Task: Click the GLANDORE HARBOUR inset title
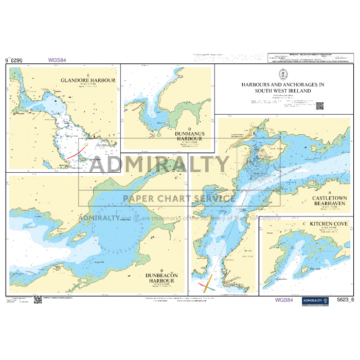[88, 80]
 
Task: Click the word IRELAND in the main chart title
[298, 91]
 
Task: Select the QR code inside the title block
[319, 106]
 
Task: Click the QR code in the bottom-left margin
[38, 299]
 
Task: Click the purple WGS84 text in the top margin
[57, 60]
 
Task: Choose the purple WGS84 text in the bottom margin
[284, 300]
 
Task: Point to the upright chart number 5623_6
[344, 300]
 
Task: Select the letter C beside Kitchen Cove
[304, 224]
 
